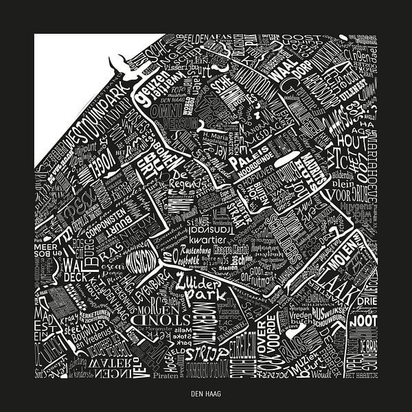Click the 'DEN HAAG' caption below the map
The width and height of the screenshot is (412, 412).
pyautogui.click(x=205, y=395)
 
